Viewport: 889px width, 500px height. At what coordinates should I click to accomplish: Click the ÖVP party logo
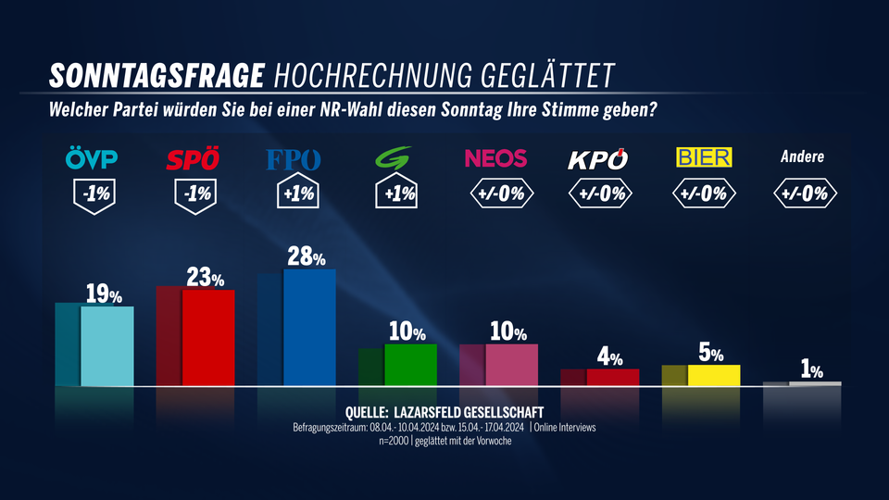(x=92, y=160)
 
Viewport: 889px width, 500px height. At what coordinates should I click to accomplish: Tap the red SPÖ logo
(x=193, y=160)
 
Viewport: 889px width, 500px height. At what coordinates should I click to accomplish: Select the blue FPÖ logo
(x=294, y=160)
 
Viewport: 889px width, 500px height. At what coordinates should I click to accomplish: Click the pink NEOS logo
(x=495, y=158)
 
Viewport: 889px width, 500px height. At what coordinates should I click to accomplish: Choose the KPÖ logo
(x=597, y=159)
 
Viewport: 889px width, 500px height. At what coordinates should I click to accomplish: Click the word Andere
(x=802, y=157)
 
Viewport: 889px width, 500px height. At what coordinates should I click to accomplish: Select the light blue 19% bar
(x=106, y=344)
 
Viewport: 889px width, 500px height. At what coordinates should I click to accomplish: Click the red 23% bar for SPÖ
(x=207, y=336)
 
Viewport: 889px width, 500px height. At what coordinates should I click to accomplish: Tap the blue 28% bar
(x=308, y=326)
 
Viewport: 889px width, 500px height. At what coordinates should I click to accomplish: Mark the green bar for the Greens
(x=409, y=364)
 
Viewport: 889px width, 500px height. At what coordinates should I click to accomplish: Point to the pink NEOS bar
(x=511, y=364)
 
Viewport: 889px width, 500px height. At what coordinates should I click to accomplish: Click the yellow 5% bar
(x=713, y=375)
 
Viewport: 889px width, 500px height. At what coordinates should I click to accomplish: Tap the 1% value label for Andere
(x=812, y=370)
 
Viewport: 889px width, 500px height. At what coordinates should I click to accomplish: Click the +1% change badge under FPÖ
(x=294, y=194)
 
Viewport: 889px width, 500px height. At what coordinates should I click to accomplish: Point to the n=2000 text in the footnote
(x=393, y=441)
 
